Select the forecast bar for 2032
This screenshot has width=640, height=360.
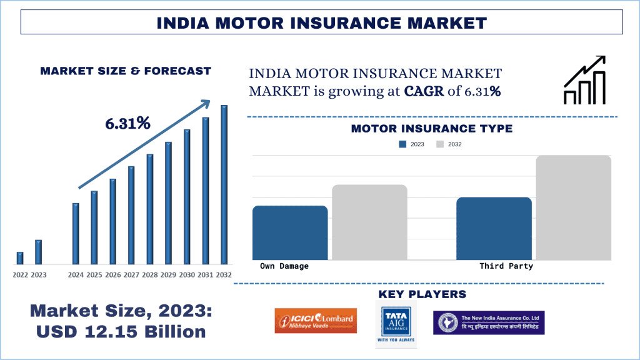(224, 185)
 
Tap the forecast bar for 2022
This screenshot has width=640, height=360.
(20, 258)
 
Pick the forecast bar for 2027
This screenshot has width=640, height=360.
(131, 215)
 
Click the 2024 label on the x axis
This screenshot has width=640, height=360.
(76, 275)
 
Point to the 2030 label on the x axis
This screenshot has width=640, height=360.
(187, 275)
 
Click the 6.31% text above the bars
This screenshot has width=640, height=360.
(127, 124)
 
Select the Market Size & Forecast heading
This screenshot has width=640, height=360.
(126, 71)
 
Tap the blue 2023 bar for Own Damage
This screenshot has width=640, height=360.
(290, 232)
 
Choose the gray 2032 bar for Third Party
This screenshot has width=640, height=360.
(573, 207)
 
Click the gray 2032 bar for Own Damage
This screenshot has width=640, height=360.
(369, 222)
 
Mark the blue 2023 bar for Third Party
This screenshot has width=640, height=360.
(494, 229)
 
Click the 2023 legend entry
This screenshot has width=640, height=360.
(412, 144)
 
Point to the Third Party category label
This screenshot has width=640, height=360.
(506, 266)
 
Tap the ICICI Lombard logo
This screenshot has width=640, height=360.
(316, 321)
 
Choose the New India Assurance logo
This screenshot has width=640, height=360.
(489, 322)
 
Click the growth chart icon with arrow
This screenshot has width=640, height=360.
(584, 80)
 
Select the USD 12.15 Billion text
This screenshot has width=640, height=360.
(121, 331)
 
